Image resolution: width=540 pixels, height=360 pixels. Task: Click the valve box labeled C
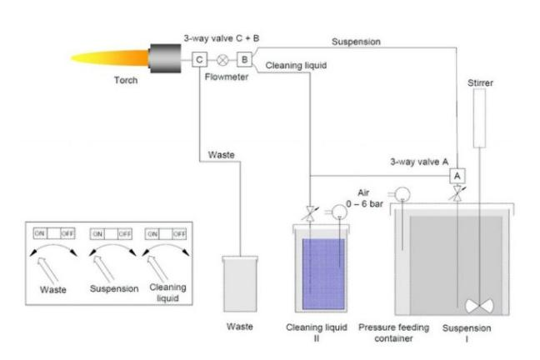click(199, 59)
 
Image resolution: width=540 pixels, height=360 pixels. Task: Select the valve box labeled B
click(244, 59)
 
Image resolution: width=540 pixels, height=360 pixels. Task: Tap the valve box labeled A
click(457, 176)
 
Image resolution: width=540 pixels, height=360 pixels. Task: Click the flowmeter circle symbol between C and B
click(222, 60)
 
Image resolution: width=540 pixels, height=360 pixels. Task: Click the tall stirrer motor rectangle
click(478, 124)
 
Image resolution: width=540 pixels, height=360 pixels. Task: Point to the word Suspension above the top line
click(357, 40)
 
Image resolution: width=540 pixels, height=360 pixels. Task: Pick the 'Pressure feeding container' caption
click(393, 332)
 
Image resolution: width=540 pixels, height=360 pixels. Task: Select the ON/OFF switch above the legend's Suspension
click(111, 234)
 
